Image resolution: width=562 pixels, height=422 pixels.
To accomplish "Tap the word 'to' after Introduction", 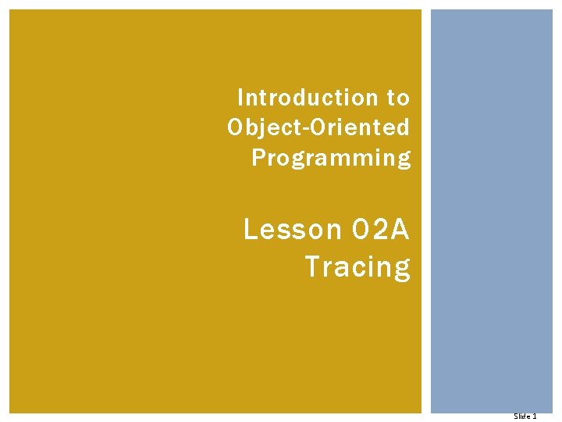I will (x=397, y=98).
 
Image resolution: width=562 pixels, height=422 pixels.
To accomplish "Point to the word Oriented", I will (x=357, y=127).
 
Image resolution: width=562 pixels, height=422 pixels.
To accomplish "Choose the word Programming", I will (x=331, y=158).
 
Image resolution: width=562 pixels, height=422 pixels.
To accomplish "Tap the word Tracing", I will (x=357, y=267).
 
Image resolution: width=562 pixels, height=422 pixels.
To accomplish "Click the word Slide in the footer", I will (x=521, y=417).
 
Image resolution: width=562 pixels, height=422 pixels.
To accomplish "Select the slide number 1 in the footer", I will (x=534, y=417).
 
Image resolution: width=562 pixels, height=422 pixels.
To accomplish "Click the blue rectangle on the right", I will (x=492, y=211).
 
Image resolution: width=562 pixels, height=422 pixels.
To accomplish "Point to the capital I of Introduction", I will (x=240, y=98).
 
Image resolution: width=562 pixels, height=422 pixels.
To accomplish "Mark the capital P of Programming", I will (x=258, y=157).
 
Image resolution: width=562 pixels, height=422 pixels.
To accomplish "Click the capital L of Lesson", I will (x=251, y=230).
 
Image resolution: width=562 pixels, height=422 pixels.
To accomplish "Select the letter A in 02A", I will (x=400, y=230).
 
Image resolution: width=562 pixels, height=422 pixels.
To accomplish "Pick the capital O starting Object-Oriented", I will (x=236, y=127).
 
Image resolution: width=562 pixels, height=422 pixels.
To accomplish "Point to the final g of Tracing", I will (x=402, y=270).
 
